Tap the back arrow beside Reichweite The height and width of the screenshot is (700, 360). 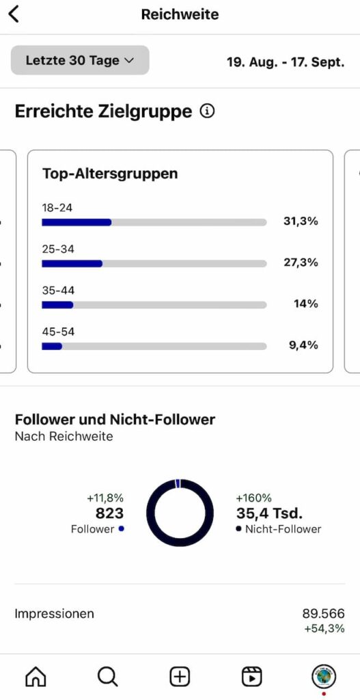pyautogui.click(x=14, y=14)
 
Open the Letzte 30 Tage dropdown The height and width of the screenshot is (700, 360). pyautogui.click(x=80, y=60)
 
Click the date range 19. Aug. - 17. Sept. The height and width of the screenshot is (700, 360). pyautogui.click(x=286, y=62)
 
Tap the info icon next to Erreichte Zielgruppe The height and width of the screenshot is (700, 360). pyautogui.click(x=207, y=111)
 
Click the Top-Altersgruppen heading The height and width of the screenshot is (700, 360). pyautogui.click(x=110, y=174)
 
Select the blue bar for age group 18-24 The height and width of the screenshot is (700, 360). pyautogui.click(x=77, y=222)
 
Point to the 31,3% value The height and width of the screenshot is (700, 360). pyautogui.click(x=301, y=221)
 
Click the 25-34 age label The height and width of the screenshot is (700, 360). pyautogui.click(x=58, y=249)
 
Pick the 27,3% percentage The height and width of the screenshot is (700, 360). pyautogui.click(x=301, y=262)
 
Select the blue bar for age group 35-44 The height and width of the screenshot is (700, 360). pyautogui.click(x=57, y=305)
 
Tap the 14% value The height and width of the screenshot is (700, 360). pyautogui.click(x=305, y=304)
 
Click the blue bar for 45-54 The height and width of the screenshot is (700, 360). pyautogui.click(x=52, y=346)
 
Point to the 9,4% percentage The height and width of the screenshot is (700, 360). pyautogui.click(x=303, y=345)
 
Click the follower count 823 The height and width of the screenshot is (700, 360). pyautogui.click(x=110, y=513)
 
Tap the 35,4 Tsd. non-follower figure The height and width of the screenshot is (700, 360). pyautogui.click(x=269, y=513)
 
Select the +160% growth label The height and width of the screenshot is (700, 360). pyautogui.click(x=254, y=498)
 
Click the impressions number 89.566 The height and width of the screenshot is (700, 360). pyautogui.click(x=323, y=613)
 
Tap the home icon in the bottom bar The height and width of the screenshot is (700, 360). pyautogui.click(x=36, y=676)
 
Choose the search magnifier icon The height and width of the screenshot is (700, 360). pyautogui.click(x=107, y=676)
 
